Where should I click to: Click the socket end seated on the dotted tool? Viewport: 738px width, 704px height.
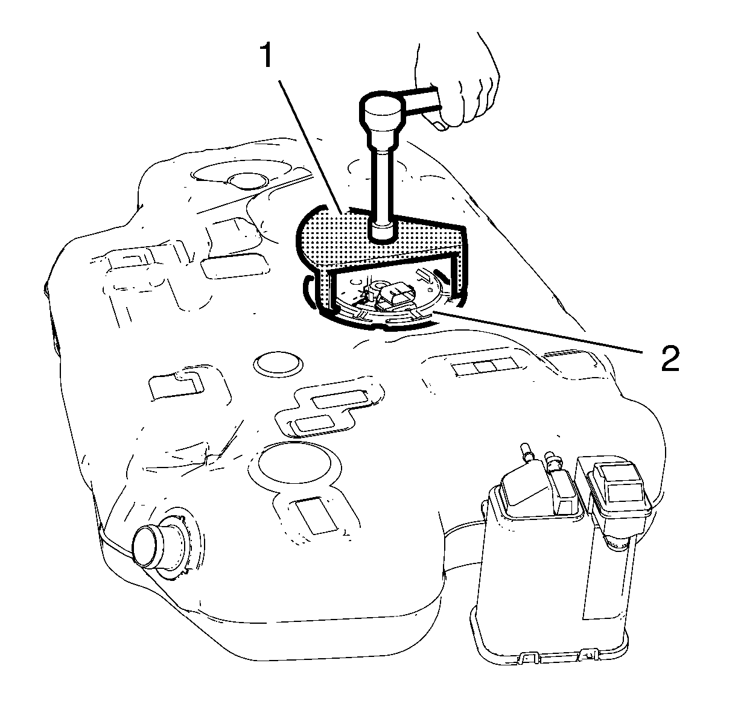point(382,232)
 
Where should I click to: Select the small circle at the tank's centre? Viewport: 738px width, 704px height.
point(278,364)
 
